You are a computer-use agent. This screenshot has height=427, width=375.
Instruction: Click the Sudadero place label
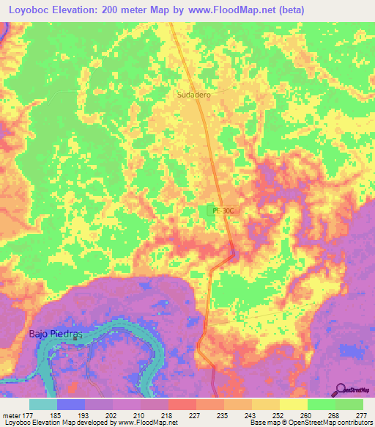[193, 95]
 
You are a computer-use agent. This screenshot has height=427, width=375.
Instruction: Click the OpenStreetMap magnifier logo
[341, 389]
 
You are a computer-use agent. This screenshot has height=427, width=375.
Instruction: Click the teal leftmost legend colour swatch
[43, 405]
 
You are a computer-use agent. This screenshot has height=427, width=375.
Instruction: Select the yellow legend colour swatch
[293, 405]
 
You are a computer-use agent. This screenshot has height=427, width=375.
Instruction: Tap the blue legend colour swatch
[71, 405]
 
